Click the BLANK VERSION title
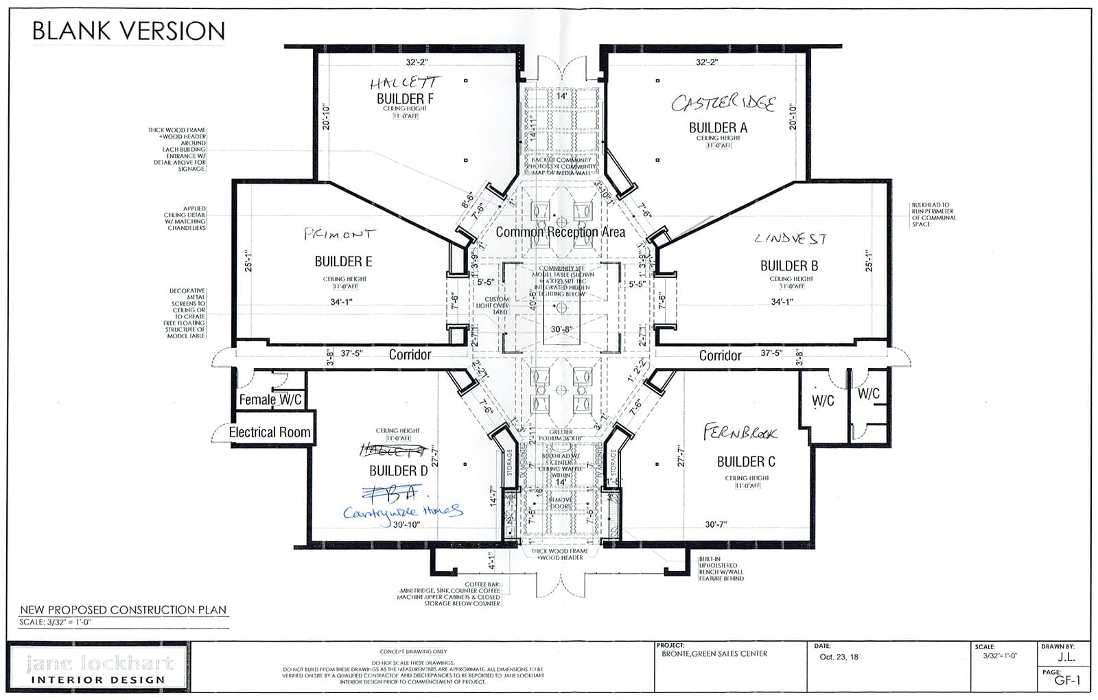pyautogui.click(x=128, y=31)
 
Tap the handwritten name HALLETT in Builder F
pyautogui.click(x=404, y=83)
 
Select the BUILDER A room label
pyautogui.click(x=718, y=128)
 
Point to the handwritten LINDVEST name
pyautogui.click(x=791, y=239)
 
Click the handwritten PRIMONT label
pyautogui.click(x=340, y=235)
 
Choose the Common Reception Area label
pyautogui.click(x=560, y=232)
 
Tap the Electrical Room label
pyautogui.click(x=269, y=432)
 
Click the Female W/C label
pyautogui.click(x=270, y=399)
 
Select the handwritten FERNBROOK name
pyautogui.click(x=740, y=433)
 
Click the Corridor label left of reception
pyautogui.click(x=410, y=355)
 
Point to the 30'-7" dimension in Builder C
pyautogui.click(x=716, y=524)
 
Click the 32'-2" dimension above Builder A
pyautogui.click(x=706, y=62)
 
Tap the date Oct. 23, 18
pyautogui.click(x=839, y=657)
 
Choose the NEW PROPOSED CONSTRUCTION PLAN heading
pyautogui.click(x=123, y=609)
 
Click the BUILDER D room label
pyautogui.click(x=398, y=471)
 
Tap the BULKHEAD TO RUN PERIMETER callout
pyautogui.click(x=933, y=215)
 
